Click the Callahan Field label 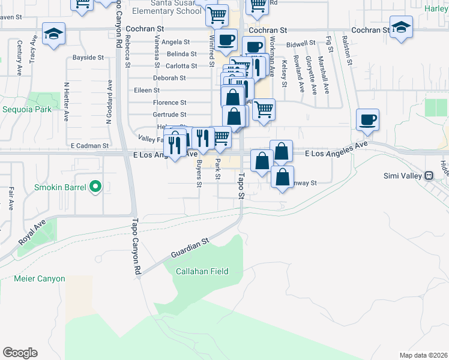tap(202, 271)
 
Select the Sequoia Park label tap(27, 110)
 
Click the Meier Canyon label tap(40, 278)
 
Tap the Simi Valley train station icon tap(429, 176)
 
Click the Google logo tap(20, 353)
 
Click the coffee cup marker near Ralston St tap(367, 119)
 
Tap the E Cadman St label tap(89, 145)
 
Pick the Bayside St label tap(88, 58)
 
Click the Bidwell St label tap(301, 44)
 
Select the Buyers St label tap(199, 175)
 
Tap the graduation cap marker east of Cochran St tap(401, 27)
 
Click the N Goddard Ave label tap(110, 103)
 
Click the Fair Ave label tap(11, 198)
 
